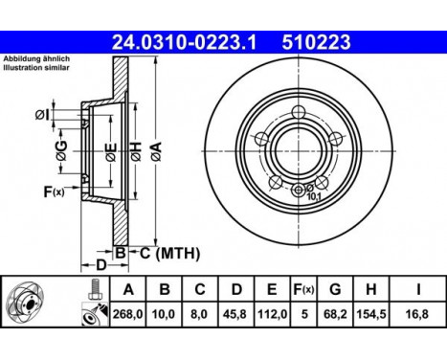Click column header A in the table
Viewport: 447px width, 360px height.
(x=127, y=288)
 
